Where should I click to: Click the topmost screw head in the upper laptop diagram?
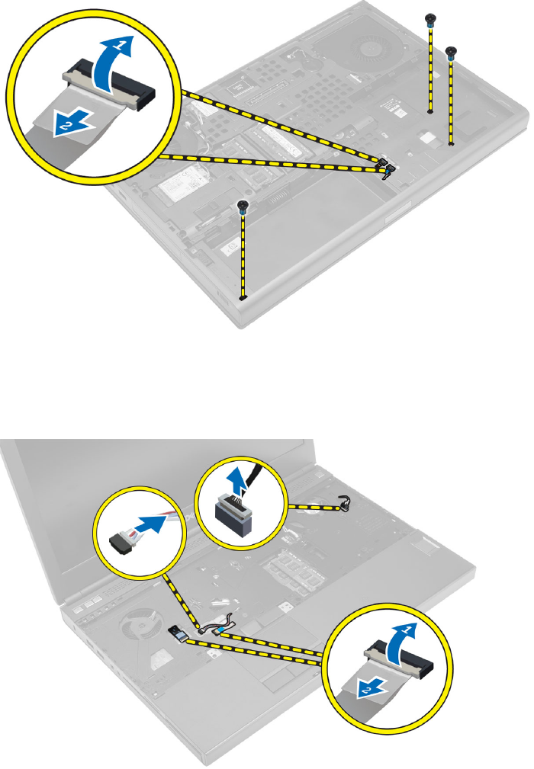431,17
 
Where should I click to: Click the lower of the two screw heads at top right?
452,53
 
